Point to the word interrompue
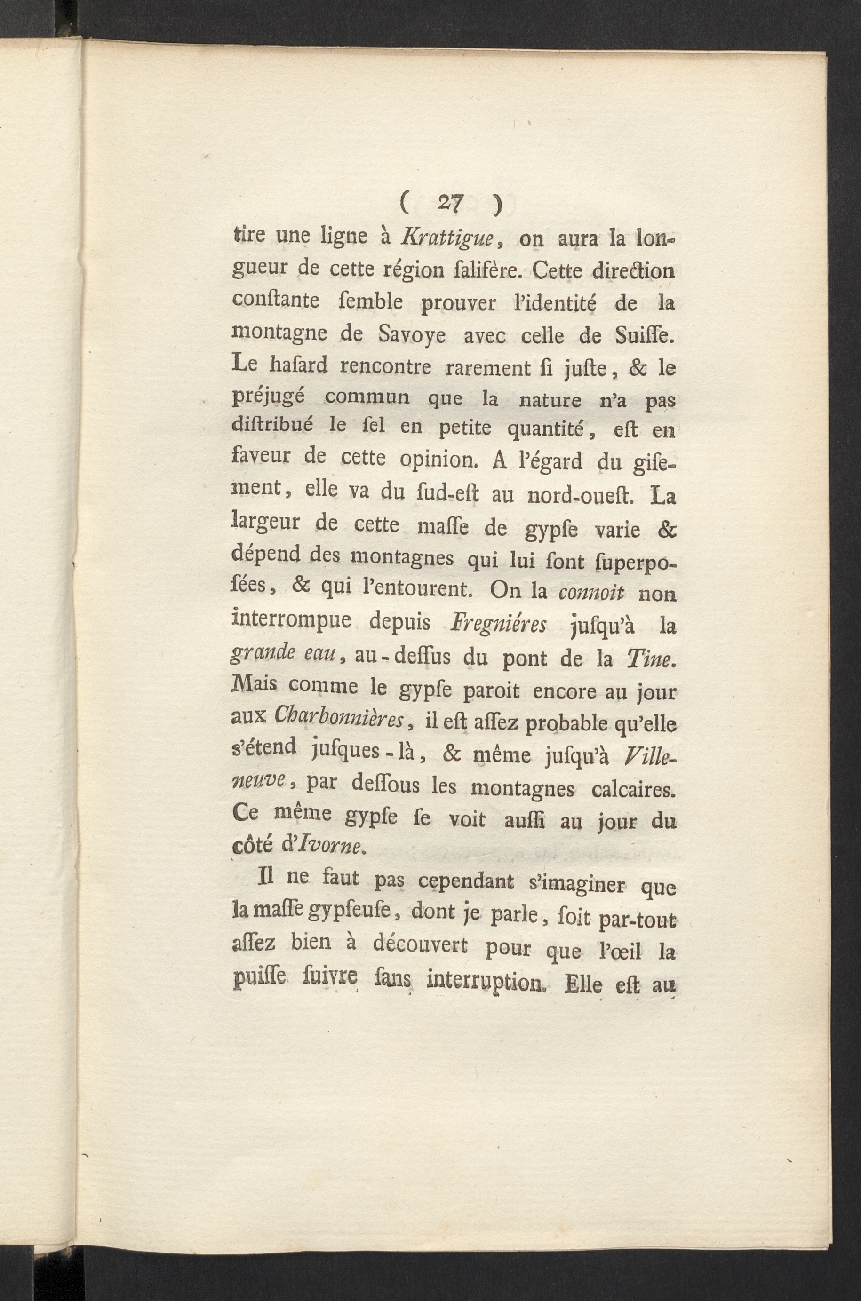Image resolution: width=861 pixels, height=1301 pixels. tap(292, 622)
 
